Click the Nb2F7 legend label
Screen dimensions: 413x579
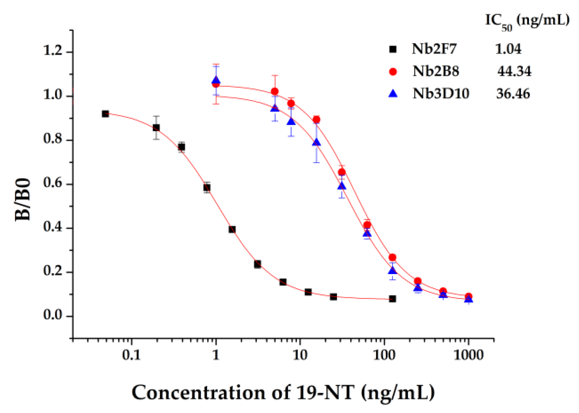434,49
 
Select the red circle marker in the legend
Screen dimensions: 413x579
393,72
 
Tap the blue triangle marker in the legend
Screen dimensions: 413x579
393,94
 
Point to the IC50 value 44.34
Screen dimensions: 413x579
514,71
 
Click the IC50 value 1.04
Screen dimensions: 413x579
508,49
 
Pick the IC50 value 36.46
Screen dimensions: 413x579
513,94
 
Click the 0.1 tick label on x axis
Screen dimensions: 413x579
131,355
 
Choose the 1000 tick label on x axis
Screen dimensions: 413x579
468,355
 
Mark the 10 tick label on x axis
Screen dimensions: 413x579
300,355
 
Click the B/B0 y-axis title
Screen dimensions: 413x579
23,199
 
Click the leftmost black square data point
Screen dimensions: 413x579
105,114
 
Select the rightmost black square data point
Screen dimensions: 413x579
393,299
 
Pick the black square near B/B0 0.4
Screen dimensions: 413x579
232,229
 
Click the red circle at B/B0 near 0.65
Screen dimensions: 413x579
342,172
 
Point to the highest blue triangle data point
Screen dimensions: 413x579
216,80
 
